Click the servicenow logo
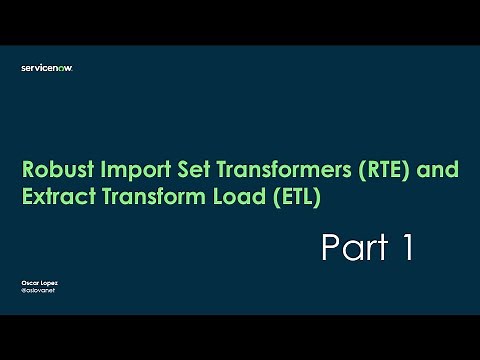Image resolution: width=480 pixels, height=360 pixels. [47, 68]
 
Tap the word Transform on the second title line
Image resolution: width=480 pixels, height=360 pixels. [145, 197]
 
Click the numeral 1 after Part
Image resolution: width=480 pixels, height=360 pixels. [406, 247]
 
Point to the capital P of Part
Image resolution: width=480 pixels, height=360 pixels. [330, 247]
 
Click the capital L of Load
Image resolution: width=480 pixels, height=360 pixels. [212, 197]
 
